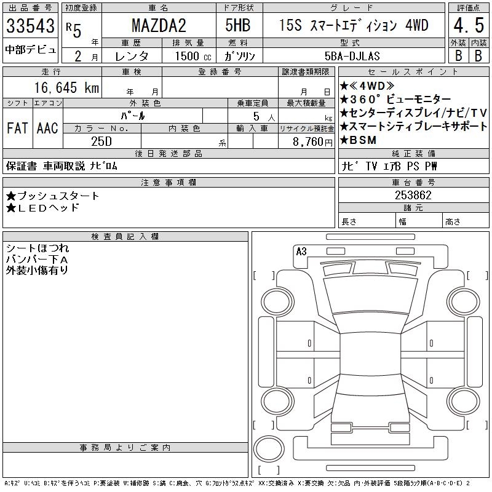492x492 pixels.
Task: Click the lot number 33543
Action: pos(30,25)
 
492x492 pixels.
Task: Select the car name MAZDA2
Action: pos(159,25)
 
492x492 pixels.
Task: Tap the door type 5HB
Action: pos(238,25)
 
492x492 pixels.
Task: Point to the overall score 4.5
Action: pos(469,25)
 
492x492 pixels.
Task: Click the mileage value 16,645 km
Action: pos(66,87)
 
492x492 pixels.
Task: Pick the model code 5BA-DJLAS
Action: pos(352,56)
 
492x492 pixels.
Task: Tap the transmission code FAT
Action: pos(17,128)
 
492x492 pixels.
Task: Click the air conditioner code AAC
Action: pos(47,128)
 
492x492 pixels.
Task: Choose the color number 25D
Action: pos(101,141)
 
